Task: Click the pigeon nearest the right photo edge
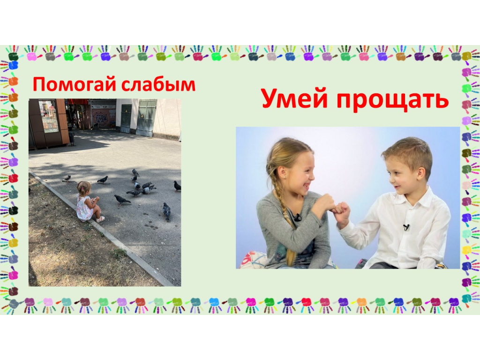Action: tap(177, 186)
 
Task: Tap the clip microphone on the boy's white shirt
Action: tap(406, 227)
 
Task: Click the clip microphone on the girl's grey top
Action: tap(297, 217)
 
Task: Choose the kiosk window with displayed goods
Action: tap(48, 116)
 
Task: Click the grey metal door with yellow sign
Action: tap(146, 118)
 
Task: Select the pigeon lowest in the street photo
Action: tap(166, 211)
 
